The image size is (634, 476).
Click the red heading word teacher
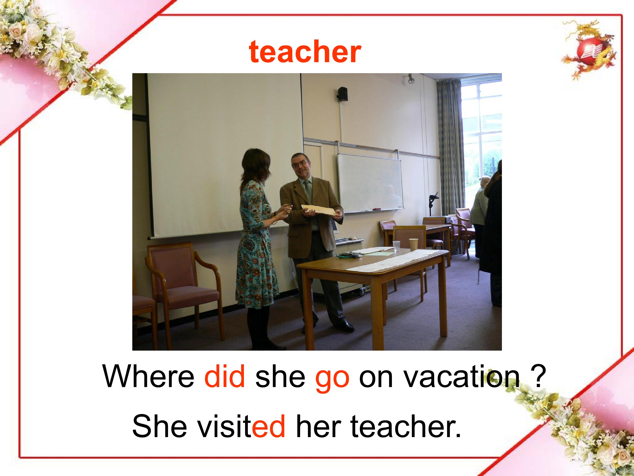(x=305, y=52)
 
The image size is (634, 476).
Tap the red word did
(x=225, y=376)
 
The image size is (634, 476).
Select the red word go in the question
(x=332, y=379)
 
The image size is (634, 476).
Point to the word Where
(x=148, y=376)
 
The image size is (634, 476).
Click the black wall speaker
(x=343, y=94)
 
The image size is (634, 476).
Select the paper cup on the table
(x=413, y=244)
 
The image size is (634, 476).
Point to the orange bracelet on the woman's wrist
(x=276, y=220)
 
